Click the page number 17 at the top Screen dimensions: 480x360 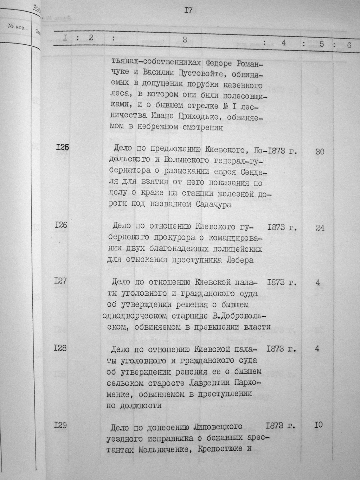[x=188, y=11]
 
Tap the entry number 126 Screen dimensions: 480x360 [x=61, y=224]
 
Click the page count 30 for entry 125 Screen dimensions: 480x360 [x=320, y=152]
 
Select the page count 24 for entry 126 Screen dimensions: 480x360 [x=320, y=228]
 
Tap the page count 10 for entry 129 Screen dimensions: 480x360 [x=319, y=425]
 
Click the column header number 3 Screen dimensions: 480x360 [x=185, y=39]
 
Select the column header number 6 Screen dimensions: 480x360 [x=349, y=45]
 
